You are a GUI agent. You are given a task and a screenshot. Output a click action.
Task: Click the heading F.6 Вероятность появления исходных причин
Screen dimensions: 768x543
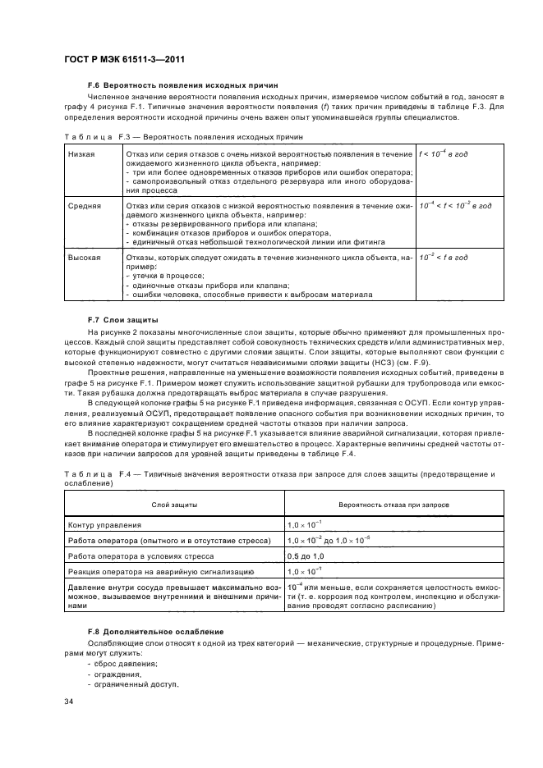coord(182,85)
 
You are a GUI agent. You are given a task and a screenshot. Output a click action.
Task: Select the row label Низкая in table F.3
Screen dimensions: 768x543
coord(81,153)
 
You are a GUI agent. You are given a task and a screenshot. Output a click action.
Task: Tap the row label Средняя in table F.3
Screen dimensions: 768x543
coord(85,203)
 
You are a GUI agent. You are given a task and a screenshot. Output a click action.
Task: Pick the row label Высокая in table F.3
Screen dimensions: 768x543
coord(85,258)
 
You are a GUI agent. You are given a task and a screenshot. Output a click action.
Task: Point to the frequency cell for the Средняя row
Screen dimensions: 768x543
coord(455,203)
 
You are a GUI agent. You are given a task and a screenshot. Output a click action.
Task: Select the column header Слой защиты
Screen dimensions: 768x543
coord(173,505)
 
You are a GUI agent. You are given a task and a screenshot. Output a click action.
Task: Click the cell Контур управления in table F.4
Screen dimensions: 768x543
coord(105,524)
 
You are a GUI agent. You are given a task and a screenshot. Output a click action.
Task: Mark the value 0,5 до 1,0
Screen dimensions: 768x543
coord(309,555)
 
